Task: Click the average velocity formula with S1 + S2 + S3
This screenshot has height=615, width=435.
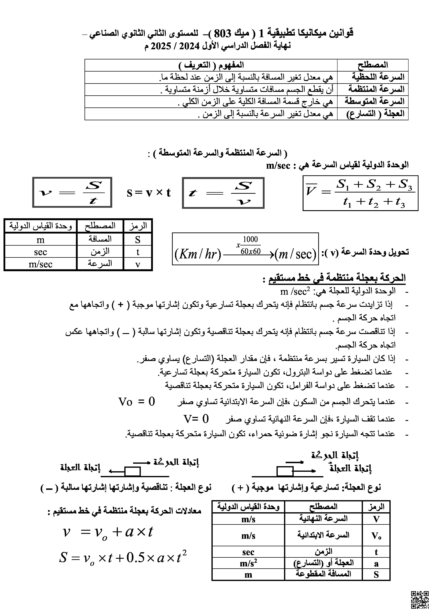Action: tap(360, 193)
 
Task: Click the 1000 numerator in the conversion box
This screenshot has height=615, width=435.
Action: tap(250, 239)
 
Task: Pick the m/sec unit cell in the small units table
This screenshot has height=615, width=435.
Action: tap(41, 264)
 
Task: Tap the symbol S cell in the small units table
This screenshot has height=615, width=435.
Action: tap(138, 239)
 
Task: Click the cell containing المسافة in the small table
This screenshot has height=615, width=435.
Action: tap(100, 239)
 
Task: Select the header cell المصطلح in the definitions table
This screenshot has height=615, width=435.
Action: tap(373, 65)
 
